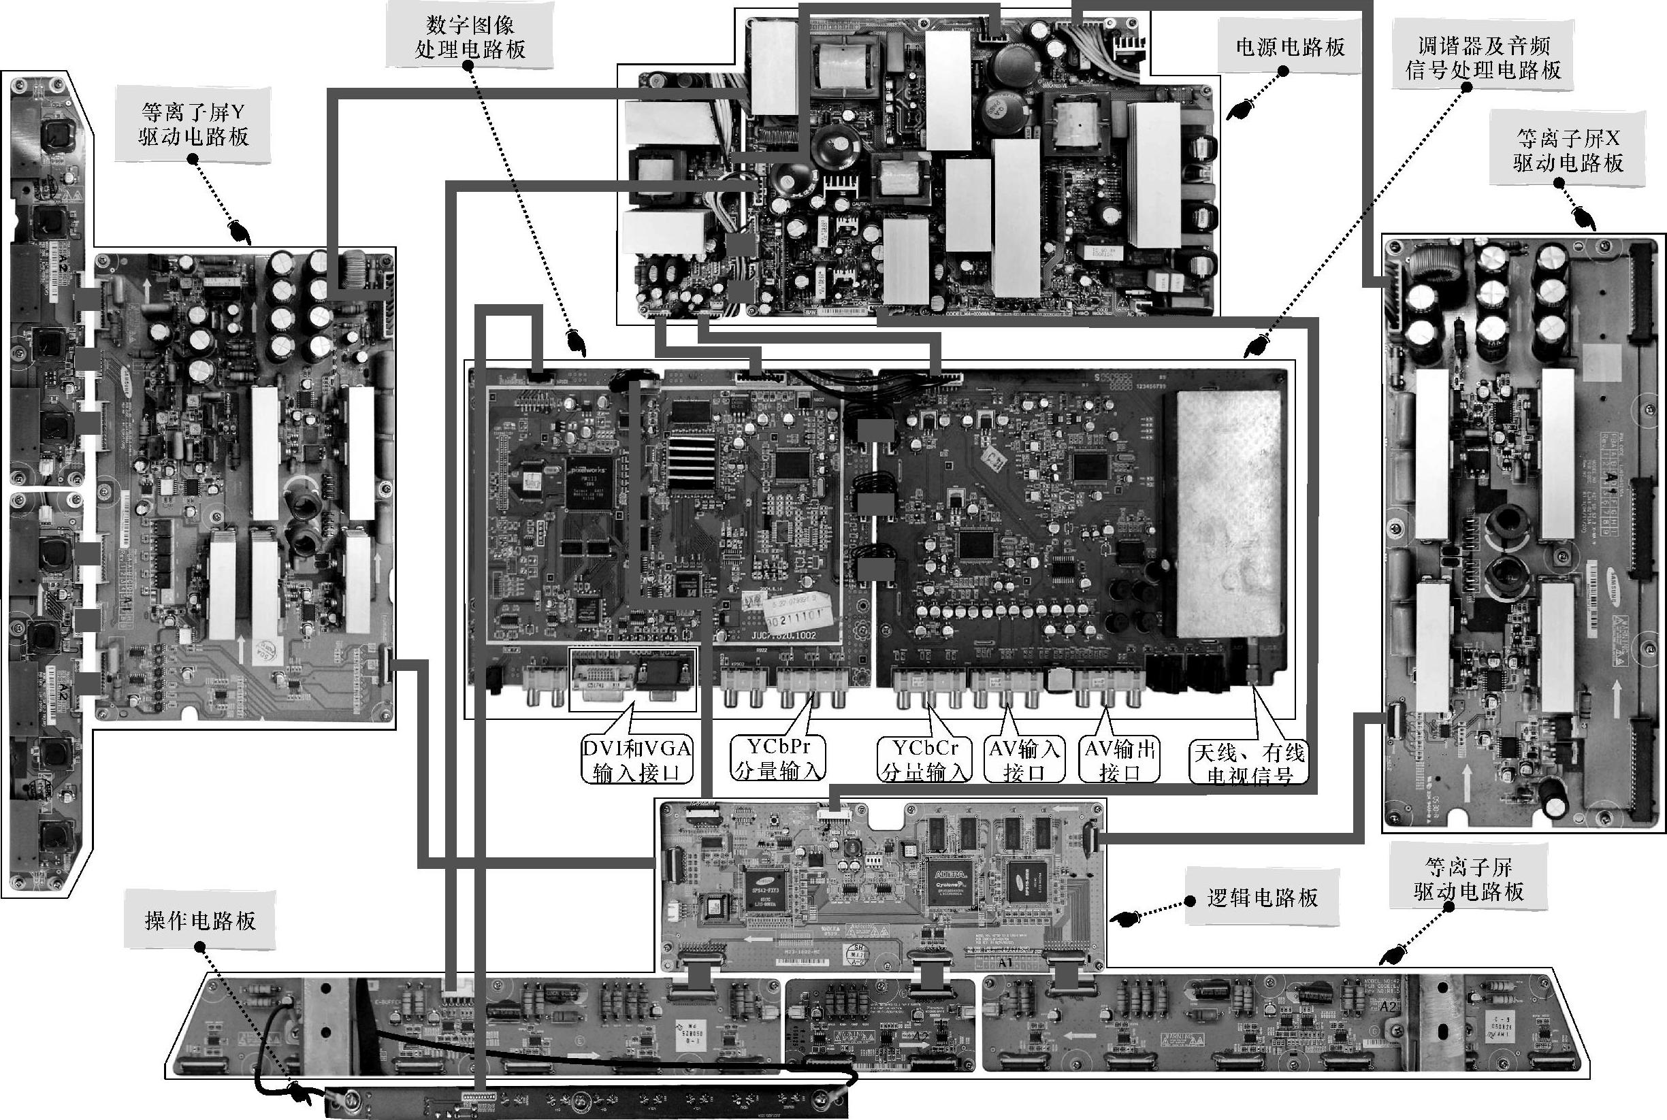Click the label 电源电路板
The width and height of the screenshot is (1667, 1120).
(x=1290, y=47)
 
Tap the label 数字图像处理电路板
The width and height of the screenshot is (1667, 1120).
(x=470, y=37)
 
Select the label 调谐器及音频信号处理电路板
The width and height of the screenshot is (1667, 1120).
(x=1483, y=58)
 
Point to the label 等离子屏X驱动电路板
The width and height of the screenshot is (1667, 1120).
(x=1568, y=150)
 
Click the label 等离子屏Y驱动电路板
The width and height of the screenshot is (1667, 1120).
(x=193, y=124)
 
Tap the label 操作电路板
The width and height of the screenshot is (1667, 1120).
(x=200, y=921)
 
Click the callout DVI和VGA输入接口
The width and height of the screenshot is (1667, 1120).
(x=635, y=760)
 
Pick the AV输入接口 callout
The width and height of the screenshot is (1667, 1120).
(x=1024, y=759)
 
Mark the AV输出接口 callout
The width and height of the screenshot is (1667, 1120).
(x=1119, y=759)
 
